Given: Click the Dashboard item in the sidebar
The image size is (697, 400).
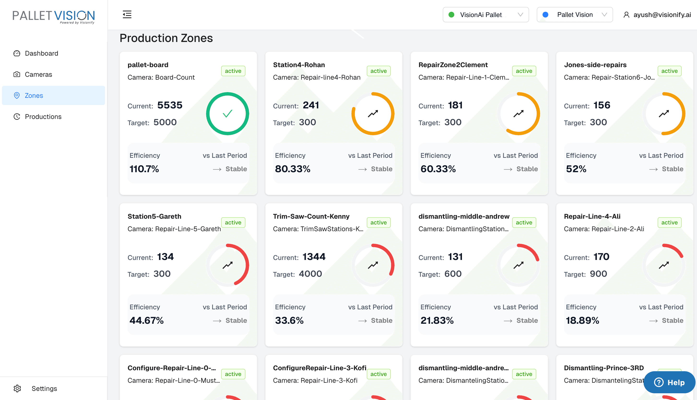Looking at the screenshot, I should pyautogui.click(x=41, y=53).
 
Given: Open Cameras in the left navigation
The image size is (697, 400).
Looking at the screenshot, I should pyautogui.click(x=38, y=74).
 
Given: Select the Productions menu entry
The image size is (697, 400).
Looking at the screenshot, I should pyautogui.click(x=43, y=117).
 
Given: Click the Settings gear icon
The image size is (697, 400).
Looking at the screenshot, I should pyautogui.click(x=17, y=388).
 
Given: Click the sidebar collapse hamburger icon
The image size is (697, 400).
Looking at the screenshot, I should pyautogui.click(x=127, y=14).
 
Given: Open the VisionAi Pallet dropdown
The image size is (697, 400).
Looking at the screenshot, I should pyautogui.click(x=485, y=15).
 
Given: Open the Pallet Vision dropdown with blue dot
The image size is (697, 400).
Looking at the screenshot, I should pyautogui.click(x=574, y=15).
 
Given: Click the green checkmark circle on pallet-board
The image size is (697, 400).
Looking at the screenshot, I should pyautogui.click(x=227, y=113).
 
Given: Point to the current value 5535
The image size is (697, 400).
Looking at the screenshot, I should pyautogui.click(x=170, y=105).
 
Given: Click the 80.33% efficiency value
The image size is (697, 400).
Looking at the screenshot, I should pyautogui.click(x=293, y=169).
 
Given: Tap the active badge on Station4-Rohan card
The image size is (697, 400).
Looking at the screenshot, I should pyautogui.click(x=378, y=71).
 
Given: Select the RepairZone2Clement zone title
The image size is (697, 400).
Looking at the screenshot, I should pyautogui.click(x=453, y=65).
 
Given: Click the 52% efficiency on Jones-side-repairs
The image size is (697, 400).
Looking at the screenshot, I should pyautogui.click(x=576, y=169).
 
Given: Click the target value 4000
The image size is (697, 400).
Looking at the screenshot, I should pyautogui.click(x=310, y=274).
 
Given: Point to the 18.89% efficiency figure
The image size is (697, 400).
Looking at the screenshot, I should pyautogui.click(x=582, y=320).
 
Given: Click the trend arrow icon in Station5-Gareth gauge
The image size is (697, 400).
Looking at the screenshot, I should pyautogui.click(x=227, y=265).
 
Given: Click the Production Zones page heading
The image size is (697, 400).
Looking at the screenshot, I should pyautogui.click(x=166, y=38).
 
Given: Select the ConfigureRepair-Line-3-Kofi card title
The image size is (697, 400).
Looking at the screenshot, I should pyautogui.click(x=319, y=368).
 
